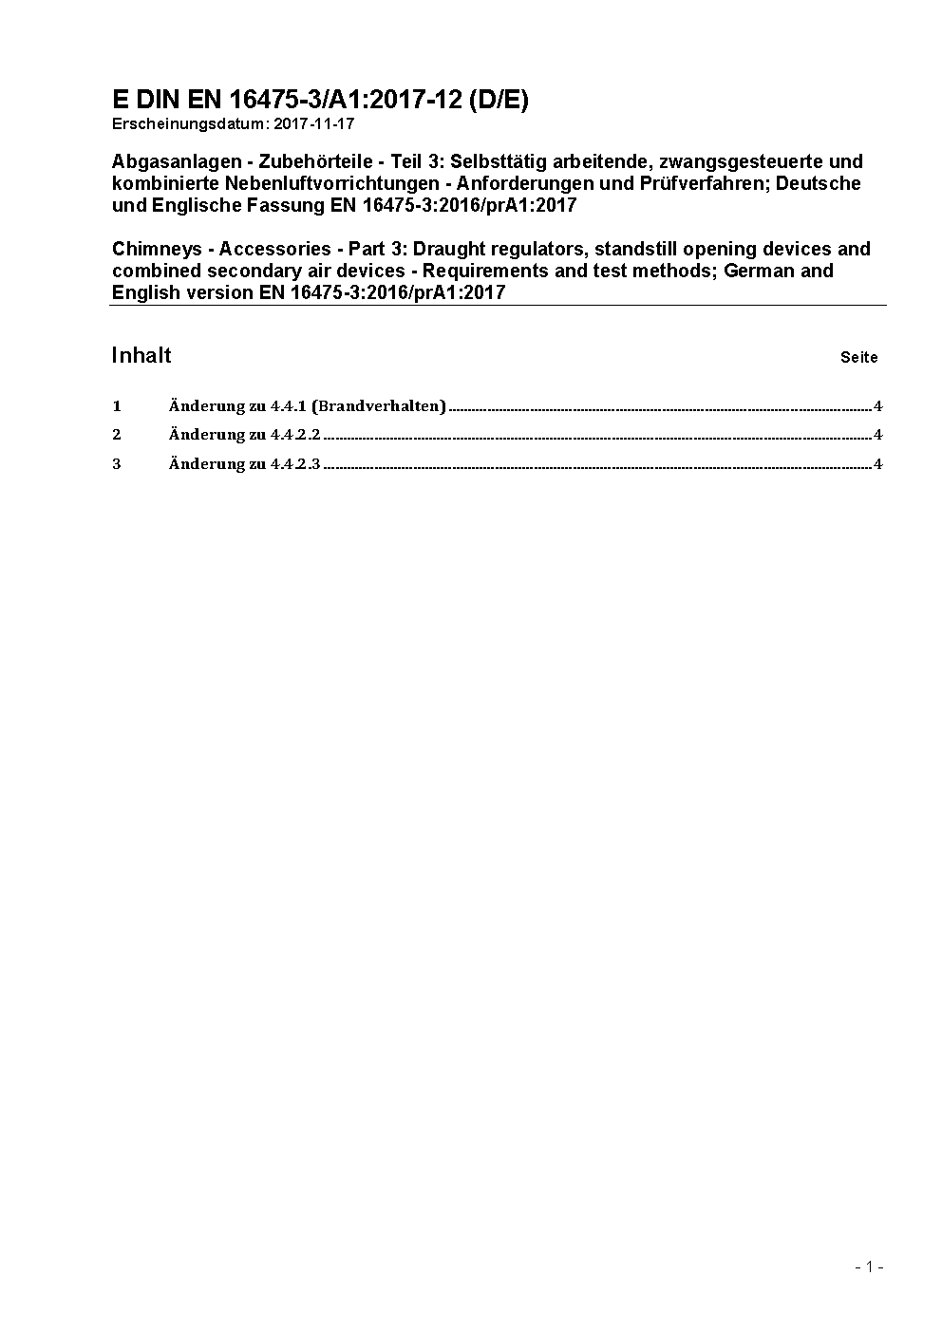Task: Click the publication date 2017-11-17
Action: point(314,123)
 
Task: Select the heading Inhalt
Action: point(141,355)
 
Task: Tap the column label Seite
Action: point(859,358)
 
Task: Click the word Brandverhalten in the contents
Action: point(378,406)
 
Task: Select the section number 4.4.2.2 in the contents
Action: point(295,435)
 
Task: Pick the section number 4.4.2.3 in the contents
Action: point(295,464)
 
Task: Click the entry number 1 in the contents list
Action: point(117,406)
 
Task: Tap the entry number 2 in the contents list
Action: point(117,435)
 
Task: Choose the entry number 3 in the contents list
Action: point(117,464)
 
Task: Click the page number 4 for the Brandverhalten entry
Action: point(878,406)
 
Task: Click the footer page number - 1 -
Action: point(869,1266)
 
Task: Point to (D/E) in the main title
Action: point(499,101)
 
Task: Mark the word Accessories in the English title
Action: point(276,249)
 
